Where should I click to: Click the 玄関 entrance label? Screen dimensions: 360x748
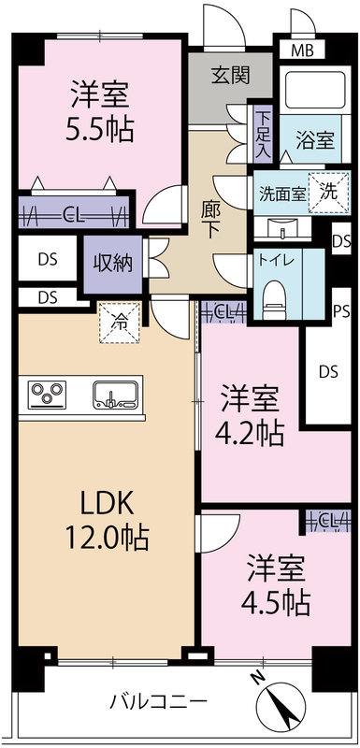coord(230,76)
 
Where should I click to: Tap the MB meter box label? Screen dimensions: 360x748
coord(302,50)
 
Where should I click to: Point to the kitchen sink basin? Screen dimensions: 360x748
coord(115,395)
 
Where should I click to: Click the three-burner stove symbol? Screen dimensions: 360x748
coord(47,395)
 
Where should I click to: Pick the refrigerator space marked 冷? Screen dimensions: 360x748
coord(120,323)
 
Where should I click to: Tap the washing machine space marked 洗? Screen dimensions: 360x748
coord(328,192)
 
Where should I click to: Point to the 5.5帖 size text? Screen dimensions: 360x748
coord(100,129)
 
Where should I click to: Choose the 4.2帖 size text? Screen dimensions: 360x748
coord(251,433)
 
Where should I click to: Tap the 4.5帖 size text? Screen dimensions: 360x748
coord(276,603)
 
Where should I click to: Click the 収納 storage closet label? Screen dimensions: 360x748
coord(112,264)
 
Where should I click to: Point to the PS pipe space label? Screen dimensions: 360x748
coord(341,311)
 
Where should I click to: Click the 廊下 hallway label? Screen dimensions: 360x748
coord(209,221)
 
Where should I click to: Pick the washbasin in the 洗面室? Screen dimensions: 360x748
coord(281,228)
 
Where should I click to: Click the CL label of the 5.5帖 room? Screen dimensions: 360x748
coord(73,217)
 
